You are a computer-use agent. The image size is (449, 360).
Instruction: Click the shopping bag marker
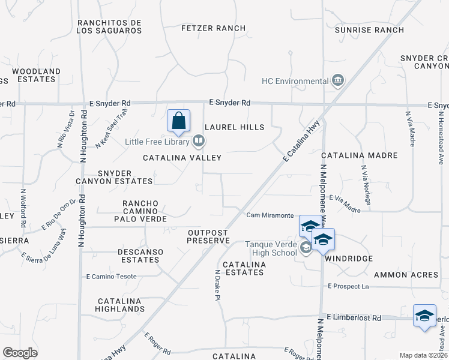click(x=179, y=121)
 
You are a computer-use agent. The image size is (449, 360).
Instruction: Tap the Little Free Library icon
click(x=199, y=142)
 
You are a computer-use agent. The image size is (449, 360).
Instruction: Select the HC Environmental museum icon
click(x=337, y=81)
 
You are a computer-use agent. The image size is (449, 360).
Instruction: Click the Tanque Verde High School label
click(x=270, y=248)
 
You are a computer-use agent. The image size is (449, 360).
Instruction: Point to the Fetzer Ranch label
click(x=214, y=28)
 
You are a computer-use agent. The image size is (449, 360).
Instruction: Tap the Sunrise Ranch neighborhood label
click(x=369, y=29)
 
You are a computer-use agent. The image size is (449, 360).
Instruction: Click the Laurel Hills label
click(x=234, y=127)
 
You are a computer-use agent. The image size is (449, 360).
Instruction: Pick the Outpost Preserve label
click(x=208, y=236)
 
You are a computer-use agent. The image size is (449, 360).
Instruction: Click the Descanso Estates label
click(x=138, y=256)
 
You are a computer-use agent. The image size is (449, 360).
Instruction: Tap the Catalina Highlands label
click(x=119, y=305)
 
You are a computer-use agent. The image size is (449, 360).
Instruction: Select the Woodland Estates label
click(x=36, y=76)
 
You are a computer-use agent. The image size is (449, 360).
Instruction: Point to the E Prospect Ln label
click(x=348, y=287)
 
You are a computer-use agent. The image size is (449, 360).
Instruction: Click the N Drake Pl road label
click(x=217, y=284)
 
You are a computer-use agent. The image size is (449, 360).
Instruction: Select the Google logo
click(x=20, y=353)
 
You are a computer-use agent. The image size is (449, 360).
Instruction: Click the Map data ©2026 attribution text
click(x=423, y=355)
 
